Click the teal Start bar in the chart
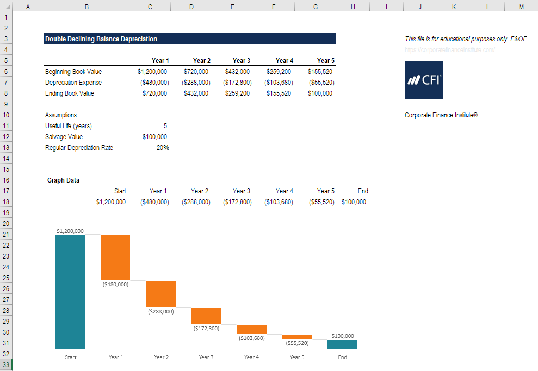[70, 291]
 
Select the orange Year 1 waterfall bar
[115, 257]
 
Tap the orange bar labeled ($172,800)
[206, 316]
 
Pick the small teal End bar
[342, 344]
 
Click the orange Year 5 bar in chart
[297, 337]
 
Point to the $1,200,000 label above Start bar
[70, 231]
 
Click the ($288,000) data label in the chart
[161, 312]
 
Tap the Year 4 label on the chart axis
[251, 357]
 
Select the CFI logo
[424, 80]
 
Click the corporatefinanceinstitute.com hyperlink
[449, 50]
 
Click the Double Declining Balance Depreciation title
[101, 39]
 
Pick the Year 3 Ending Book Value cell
[237, 93]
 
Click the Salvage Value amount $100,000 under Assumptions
[154, 137]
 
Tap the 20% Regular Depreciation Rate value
[163, 148]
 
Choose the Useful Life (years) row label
[68, 126]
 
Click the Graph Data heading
[63, 180]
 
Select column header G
[316, 7]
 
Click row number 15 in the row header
[5, 169]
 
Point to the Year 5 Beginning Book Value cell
[320, 72]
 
